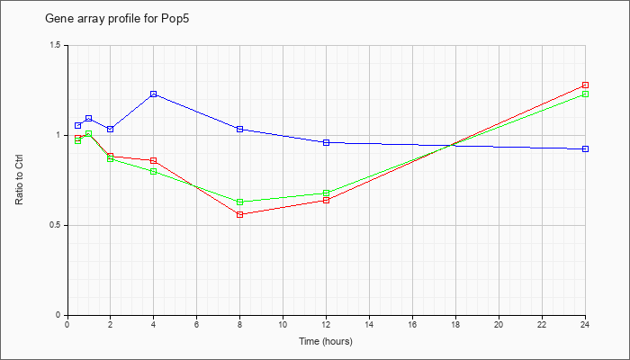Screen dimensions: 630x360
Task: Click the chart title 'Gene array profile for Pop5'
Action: pyautogui.click(x=117, y=19)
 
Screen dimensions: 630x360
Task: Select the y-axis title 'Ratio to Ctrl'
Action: pyautogui.click(x=19, y=180)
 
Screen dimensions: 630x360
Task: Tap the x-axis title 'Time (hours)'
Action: pyautogui.click(x=326, y=341)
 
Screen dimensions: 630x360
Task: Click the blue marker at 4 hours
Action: pyautogui.click(x=154, y=94)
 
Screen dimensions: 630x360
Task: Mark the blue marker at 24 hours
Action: pyautogui.click(x=585, y=149)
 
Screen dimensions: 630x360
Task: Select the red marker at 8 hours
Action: pyautogui.click(x=240, y=214)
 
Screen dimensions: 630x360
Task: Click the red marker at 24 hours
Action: pyautogui.click(x=585, y=85)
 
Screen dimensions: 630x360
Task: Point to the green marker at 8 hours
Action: pyautogui.click(x=240, y=202)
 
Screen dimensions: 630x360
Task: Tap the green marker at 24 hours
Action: pyautogui.click(x=585, y=94)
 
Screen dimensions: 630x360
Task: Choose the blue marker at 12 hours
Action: pyautogui.click(x=326, y=142)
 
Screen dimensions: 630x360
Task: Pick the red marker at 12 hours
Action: pyautogui.click(x=326, y=200)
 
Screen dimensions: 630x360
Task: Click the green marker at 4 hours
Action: pyautogui.click(x=154, y=172)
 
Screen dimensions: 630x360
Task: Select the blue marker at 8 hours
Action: pyautogui.click(x=240, y=129)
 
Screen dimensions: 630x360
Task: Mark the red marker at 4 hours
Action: pyautogui.click(x=154, y=161)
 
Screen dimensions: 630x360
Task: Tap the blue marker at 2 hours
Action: pyautogui.click(x=111, y=129)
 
